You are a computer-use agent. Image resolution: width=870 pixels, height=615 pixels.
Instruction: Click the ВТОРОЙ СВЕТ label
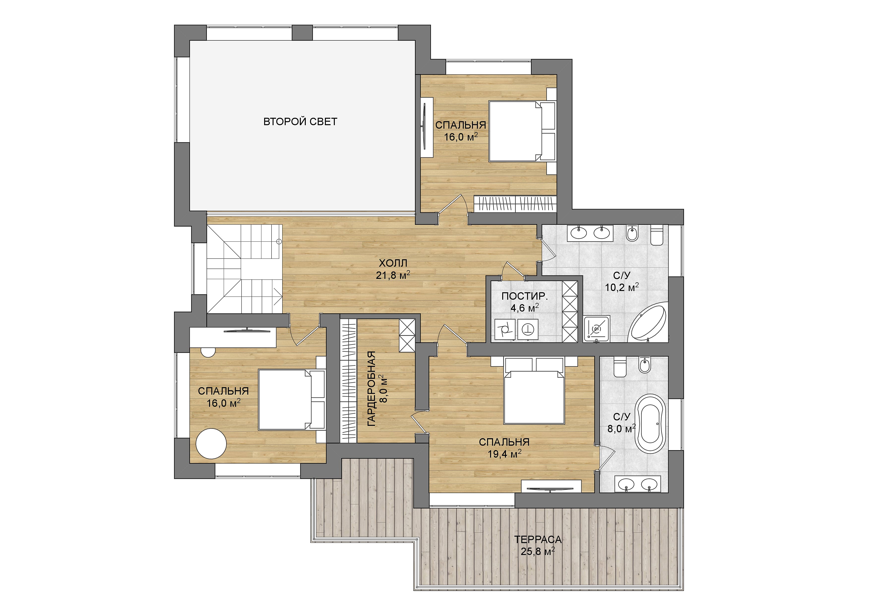click(x=300, y=121)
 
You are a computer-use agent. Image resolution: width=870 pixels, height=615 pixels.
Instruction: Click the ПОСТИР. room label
click(x=525, y=296)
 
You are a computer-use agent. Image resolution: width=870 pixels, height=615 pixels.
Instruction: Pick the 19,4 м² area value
click(x=504, y=454)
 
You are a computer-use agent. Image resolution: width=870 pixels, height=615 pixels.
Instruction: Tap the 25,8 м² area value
click(x=538, y=551)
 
